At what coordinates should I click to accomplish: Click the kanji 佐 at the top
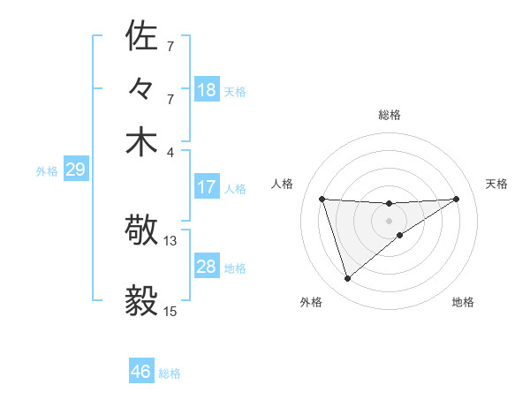(x=142, y=36)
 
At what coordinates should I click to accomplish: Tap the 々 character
(x=142, y=89)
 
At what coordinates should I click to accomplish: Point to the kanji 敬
(x=142, y=232)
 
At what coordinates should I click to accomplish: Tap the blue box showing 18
(x=207, y=89)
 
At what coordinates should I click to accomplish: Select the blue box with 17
(x=207, y=187)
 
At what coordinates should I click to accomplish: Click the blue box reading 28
(x=207, y=267)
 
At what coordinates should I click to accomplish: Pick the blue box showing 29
(x=75, y=170)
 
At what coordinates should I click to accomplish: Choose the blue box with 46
(x=141, y=372)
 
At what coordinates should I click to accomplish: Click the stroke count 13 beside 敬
(x=170, y=240)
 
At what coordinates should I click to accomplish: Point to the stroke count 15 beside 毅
(x=170, y=311)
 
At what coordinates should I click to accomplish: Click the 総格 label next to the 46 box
(x=170, y=373)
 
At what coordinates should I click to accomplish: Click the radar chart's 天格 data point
(x=456, y=199)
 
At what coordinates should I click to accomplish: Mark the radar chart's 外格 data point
(x=347, y=279)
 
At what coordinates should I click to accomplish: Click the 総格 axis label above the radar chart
(x=389, y=115)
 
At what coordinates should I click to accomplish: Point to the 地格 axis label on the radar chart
(x=463, y=302)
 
